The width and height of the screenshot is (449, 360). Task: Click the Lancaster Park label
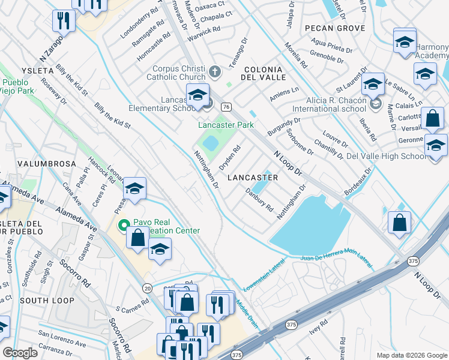(226, 125)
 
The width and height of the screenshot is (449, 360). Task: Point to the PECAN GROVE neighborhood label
(334, 28)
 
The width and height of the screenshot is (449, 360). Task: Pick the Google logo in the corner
(20, 353)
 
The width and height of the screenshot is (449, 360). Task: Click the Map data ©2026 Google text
(411, 355)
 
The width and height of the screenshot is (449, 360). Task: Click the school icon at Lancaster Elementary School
(197, 95)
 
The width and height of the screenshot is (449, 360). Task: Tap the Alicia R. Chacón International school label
(329, 104)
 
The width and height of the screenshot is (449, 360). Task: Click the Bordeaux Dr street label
(359, 181)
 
